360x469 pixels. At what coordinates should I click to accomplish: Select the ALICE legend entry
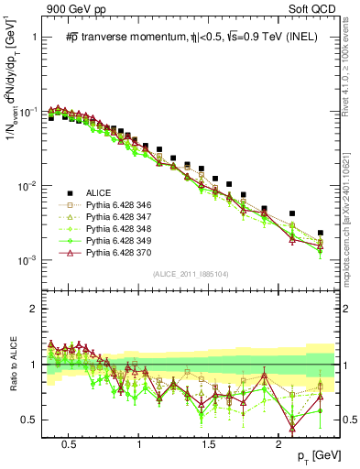(99, 191)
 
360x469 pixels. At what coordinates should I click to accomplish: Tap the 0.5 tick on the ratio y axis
(32, 420)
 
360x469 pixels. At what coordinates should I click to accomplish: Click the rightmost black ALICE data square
(321, 233)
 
